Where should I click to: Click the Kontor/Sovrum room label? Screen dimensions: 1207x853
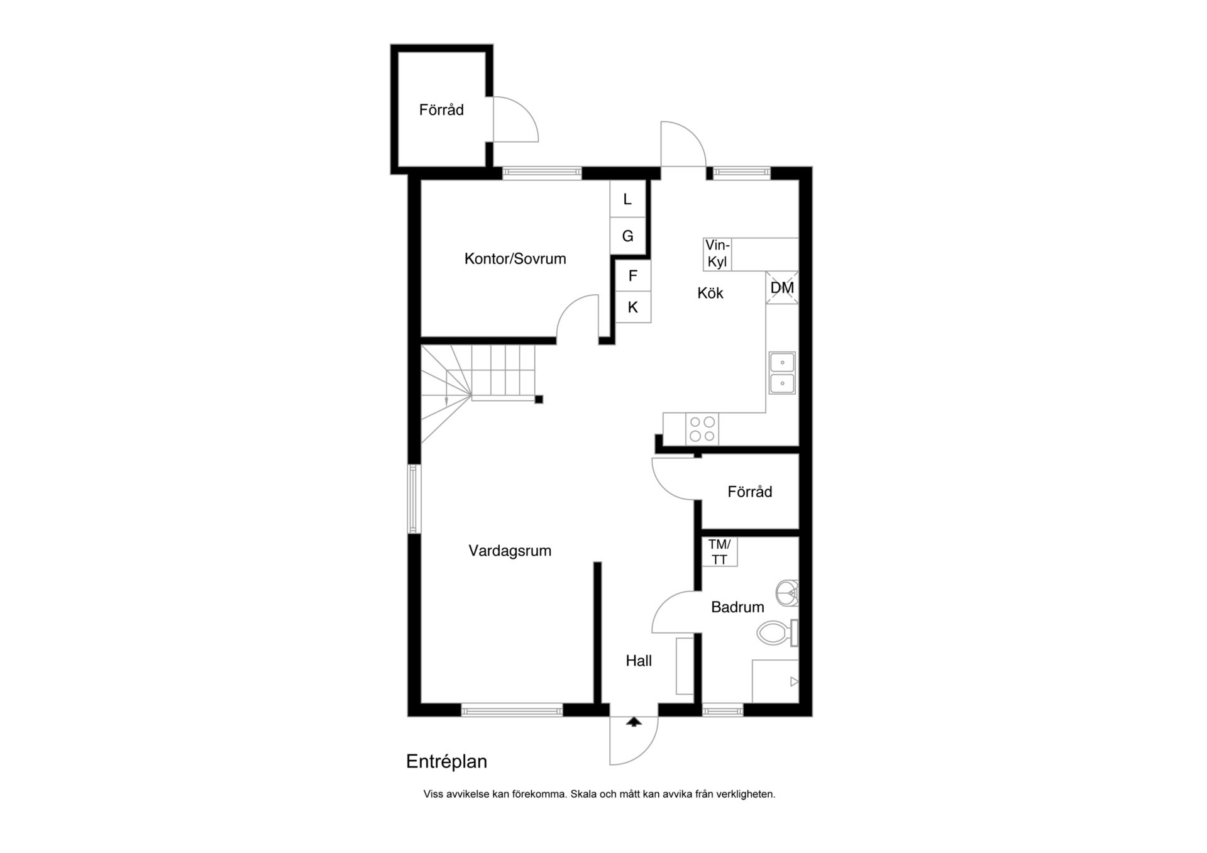pyautogui.click(x=515, y=259)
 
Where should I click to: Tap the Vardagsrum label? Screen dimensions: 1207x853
pyautogui.click(x=510, y=551)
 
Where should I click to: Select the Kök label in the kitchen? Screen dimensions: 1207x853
pyautogui.click(x=710, y=293)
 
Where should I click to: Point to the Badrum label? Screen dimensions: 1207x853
pyautogui.click(x=737, y=607)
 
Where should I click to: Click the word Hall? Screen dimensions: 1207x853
pyautogui.click(x=639, y=661)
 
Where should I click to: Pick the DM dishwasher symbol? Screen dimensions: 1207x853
pyautogui.click(x=782, y=288)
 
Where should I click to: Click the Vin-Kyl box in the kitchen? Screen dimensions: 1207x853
pyautogui.click(x=717, y=254)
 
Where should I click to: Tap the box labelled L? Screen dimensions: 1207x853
pyautogui.click(x=627, y=199)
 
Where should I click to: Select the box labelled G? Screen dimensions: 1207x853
pyautogui.click(x=627, y=236)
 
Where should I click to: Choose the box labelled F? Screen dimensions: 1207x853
pyautogui.click(x=633, y=275)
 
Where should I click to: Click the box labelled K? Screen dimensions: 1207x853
pyautogui.click(x=633, y=307)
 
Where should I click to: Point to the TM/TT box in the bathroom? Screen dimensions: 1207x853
pyautogui.click(x=719, y=552)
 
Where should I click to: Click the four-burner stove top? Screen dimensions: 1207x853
pyautogui.click(x=702, y=429)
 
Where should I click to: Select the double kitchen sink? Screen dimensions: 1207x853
pyautogui.click(x=782, y=373)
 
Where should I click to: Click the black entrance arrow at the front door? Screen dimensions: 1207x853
pyautogui.click(x=634, y=722)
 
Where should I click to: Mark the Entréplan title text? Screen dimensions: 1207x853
pyautogui.click(x=446, y=762)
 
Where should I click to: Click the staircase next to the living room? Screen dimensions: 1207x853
pyautogui.click(x=478, y=393)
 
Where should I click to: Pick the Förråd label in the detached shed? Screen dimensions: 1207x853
pyautogui.click(x=441, y=110)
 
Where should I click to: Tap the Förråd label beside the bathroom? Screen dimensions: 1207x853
pyautogui.click(x=750, y=492)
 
